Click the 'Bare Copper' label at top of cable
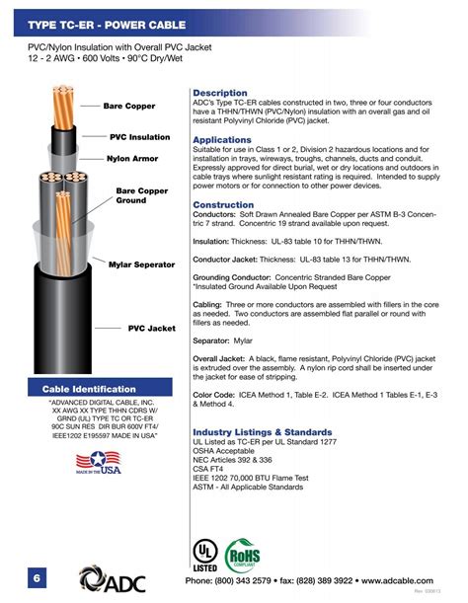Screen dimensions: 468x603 129,106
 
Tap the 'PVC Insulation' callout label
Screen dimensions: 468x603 139,137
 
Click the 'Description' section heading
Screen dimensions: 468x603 220,93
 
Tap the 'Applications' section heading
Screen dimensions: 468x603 222,140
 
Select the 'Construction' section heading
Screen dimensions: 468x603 224,204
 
